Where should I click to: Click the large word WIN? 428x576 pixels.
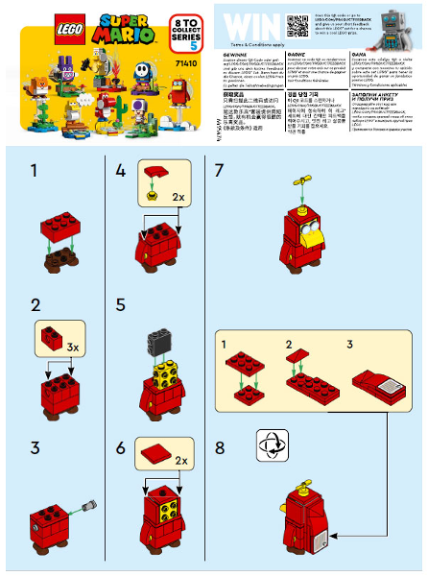[244, 27]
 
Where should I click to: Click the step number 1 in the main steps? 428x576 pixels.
[36, 172]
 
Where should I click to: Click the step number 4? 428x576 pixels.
[120, 172]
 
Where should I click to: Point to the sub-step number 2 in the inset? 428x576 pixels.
[288, 344]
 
